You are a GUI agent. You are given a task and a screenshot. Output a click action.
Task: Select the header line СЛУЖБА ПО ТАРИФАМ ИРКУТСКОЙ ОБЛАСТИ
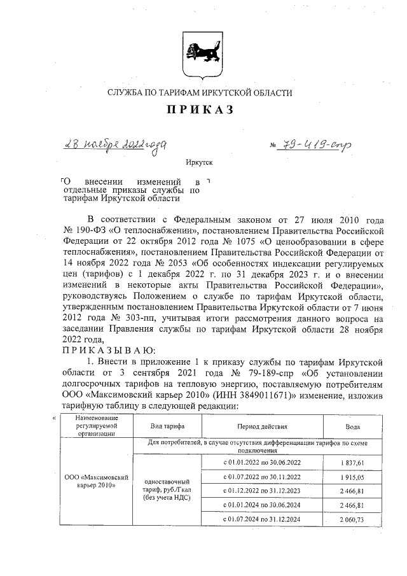200,93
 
